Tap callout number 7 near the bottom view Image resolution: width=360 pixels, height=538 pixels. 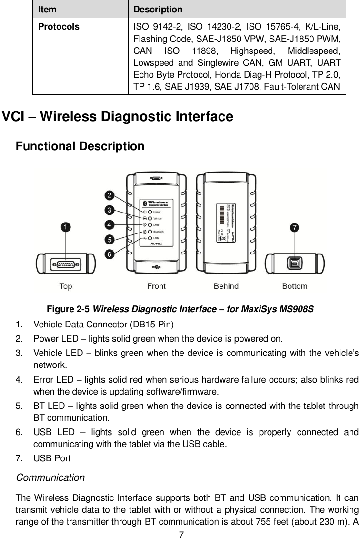coord(295,228)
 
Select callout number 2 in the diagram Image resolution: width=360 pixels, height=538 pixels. coord(110,195)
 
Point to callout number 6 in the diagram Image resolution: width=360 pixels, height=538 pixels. coord(110,254)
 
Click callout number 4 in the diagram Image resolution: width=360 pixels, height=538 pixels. coord(110,224)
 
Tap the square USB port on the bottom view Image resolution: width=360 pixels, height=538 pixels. coord(295,264)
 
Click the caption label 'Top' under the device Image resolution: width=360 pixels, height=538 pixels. coord(66,286)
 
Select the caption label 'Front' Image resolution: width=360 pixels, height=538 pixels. coord(156,286)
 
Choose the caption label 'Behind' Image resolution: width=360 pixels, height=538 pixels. coord(226,286)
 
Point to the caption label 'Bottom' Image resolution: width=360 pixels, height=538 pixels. coord(295,286)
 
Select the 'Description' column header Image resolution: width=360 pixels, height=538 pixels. coord(158,9)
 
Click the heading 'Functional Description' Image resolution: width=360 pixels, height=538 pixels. coord(80,146)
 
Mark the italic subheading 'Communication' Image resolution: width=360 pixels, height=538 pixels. coord(50,477)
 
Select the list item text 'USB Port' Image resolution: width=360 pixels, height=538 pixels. coord(52,458)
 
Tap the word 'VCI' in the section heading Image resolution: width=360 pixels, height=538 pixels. coord(15,117)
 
